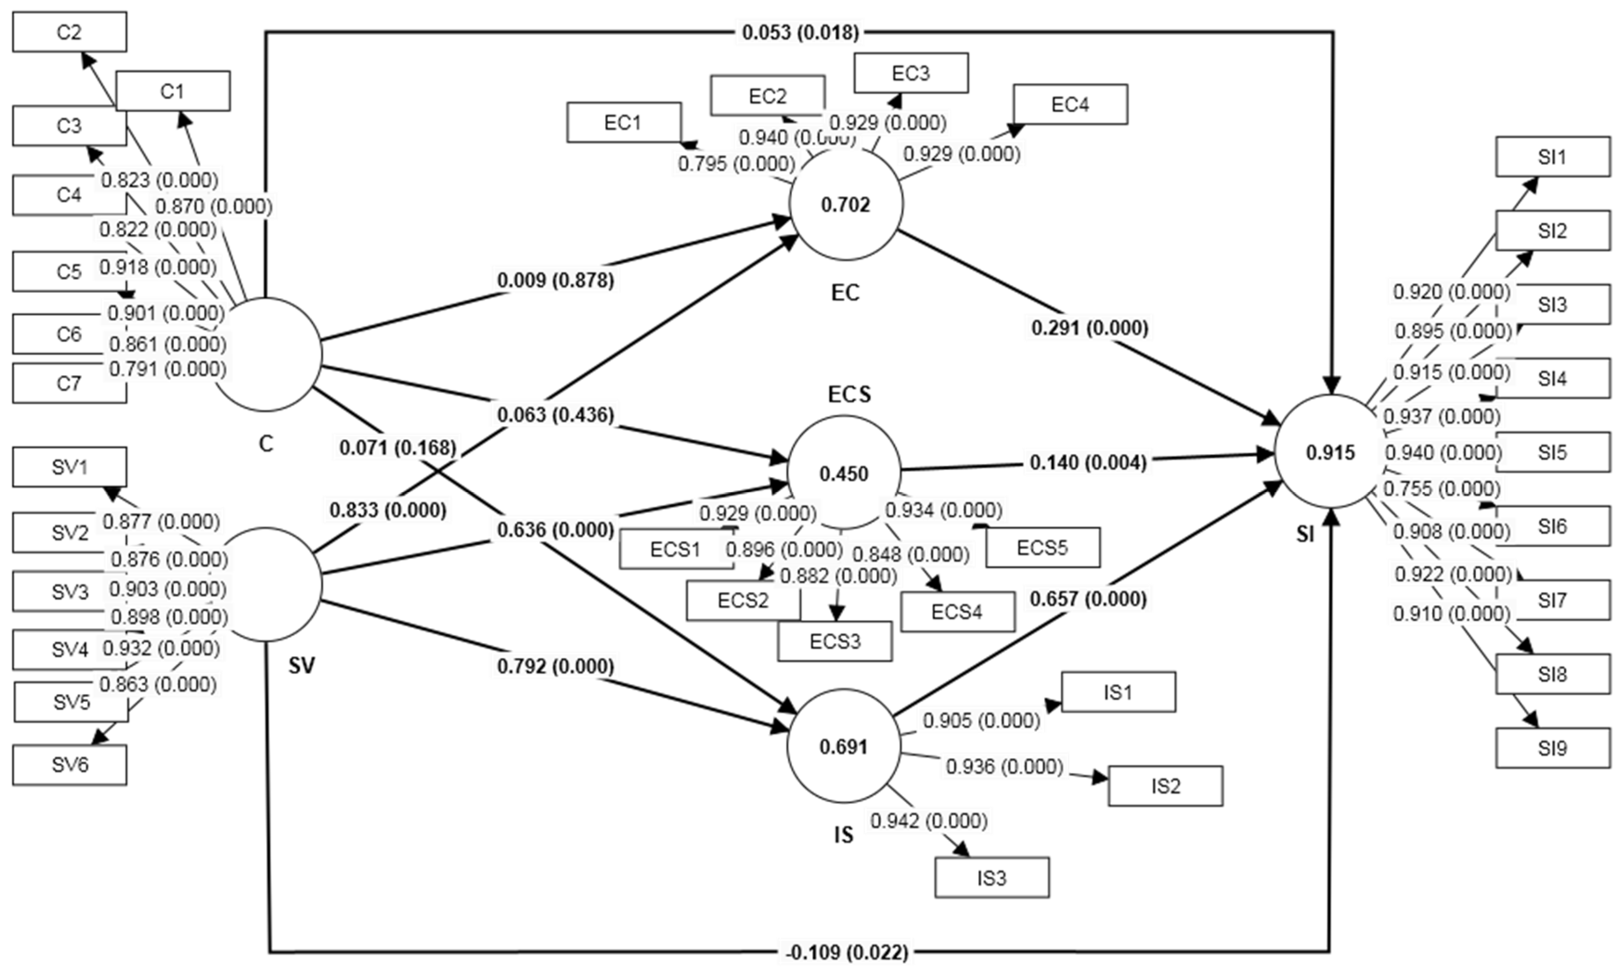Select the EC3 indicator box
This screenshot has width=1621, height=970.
pos(911,73)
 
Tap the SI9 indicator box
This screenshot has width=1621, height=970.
pos(1552,748)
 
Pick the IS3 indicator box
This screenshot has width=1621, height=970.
pos(992,878)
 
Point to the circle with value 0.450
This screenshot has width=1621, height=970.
pos(844,473)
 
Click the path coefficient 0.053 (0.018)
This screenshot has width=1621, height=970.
pos(800,32)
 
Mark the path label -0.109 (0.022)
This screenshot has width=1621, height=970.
pos(847,952)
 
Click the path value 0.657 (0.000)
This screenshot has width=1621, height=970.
pos(1088,599)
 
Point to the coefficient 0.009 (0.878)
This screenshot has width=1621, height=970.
pos(556,280)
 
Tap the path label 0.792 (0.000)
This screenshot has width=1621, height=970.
pos(556,666)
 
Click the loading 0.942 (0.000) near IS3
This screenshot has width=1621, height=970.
pos(929,820)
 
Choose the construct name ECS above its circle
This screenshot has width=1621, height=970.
pos(849,394)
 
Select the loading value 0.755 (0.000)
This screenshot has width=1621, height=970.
pos(1442,488)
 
